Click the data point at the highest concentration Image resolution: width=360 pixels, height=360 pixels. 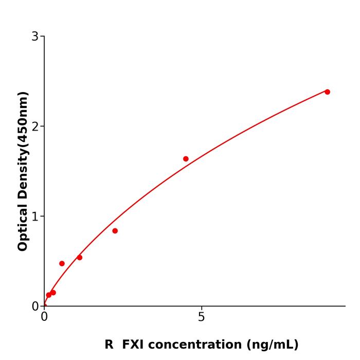click(x=327, y=92)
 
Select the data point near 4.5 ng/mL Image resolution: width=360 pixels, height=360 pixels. click(x=186, y=159)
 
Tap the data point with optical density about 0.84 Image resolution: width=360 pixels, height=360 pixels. click(x=115, y=231)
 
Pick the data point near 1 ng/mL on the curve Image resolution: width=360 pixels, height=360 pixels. click(x=79, y=257)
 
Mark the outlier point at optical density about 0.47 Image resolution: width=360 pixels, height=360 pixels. click(x=62, y=263)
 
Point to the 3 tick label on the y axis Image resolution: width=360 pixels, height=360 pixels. click(x=35, y=37)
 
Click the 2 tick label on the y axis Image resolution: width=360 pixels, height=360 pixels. click(x=35, y=127)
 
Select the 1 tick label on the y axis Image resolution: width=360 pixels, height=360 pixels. click(x=35, y=216)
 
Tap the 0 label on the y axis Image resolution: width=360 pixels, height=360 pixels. click(x=35, y=306)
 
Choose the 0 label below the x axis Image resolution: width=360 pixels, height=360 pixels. click(x=44, y=317)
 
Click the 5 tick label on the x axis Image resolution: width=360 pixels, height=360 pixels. click(x=201, y=317)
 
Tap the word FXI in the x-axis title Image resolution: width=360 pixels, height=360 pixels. click(x=134, y=345)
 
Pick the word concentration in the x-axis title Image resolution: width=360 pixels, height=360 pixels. click(x=196, y=345)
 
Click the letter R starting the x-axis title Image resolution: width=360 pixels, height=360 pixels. click(x=109, y=345)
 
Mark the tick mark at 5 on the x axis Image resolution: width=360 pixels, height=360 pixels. click(x=201, y=309)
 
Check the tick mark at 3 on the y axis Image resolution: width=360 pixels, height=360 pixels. click(x=42, y=37)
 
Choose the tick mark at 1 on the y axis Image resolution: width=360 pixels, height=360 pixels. click(x=42, y=216)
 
